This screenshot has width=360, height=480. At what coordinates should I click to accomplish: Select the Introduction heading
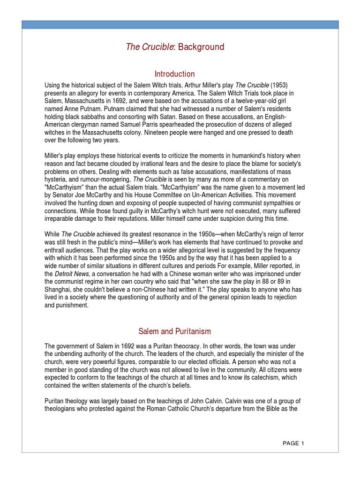175,74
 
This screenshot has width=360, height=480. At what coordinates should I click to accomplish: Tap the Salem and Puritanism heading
175,331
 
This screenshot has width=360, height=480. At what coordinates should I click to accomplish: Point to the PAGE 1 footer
294,443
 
